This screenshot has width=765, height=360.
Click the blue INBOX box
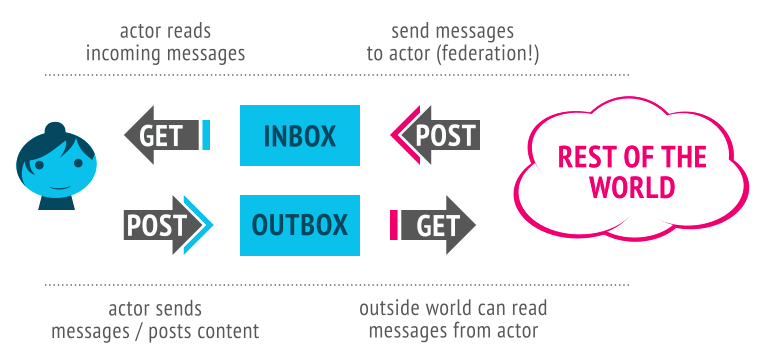point(299,135)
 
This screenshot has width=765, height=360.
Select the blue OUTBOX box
point(299,225)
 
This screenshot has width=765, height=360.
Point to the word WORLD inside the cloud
point(631,187)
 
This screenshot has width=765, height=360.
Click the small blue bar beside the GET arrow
point(206,135)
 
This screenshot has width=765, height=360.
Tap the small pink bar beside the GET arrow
point(394,225)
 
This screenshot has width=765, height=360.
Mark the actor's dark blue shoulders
point(57,202)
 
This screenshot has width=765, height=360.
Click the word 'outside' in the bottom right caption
point(389,308)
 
